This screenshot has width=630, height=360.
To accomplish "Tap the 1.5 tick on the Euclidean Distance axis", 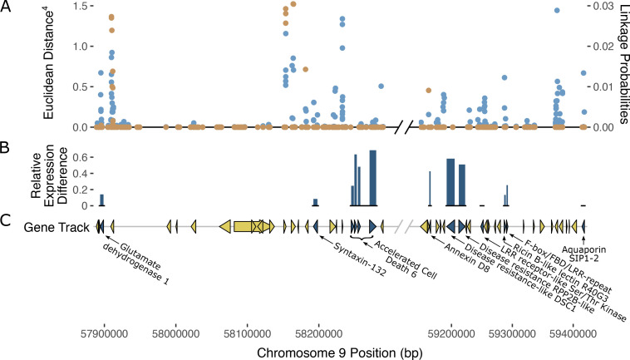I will (x=81, y=6).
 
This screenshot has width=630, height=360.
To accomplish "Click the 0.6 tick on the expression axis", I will (x=81, y=156).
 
